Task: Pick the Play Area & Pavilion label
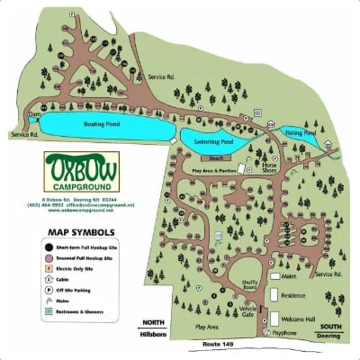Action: pos(212,170)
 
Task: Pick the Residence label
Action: pos(295,294)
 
